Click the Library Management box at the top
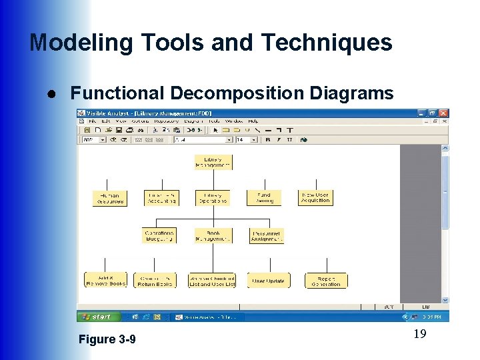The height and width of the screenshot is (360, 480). [x=213, y=163]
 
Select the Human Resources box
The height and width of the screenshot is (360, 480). [x=109, y=198]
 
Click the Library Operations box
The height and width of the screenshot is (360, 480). [x=213, y=198]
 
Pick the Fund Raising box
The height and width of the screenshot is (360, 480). [x=264, y=198]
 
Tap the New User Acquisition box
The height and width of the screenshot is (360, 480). [x=315, y=198]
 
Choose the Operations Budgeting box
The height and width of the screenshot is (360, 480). [x=159, y=236]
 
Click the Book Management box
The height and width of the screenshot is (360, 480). [x=213, y=236]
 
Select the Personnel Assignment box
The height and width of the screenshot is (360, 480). [x=266, y=236]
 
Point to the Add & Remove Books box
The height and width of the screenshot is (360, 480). [x=105, y=281]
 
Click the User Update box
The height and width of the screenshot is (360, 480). [x=268, y=281]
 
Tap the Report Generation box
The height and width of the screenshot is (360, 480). [x=326, y=281]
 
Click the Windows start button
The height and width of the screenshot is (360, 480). [x=98, y=317]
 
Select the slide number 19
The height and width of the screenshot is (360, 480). [x=419, y=334]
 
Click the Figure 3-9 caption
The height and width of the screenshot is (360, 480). [x=107, y=339]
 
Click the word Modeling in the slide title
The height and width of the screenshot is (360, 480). [x=72, y=43]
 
